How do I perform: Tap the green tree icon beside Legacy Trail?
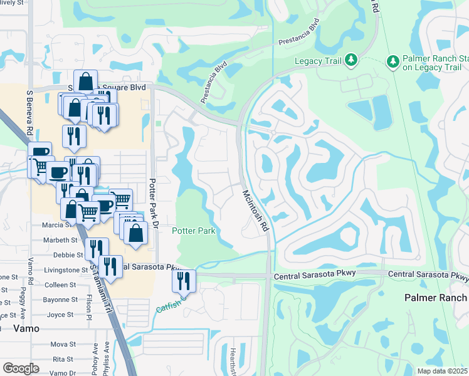pyautogui.click(x=352, y=61)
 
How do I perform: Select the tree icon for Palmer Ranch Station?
pyautogui.click(x=393, y=61)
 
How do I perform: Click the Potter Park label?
pyautogui.click(x=194, y=231)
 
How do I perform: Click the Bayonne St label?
pyautogui.click(x=60, y=300)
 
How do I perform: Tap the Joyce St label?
pyautogui.click(x=61, y=315)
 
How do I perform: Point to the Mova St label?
pyautogui.click(x=63, y=344)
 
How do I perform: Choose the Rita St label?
pyautogui.click(x=63, y=359)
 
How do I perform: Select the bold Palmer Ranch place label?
pyautogui.click(x=436, y=298)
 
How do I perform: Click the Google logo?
pyautogui.click(x=21, y=368)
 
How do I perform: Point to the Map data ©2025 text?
pyautogui.click(x=442, y=371)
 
